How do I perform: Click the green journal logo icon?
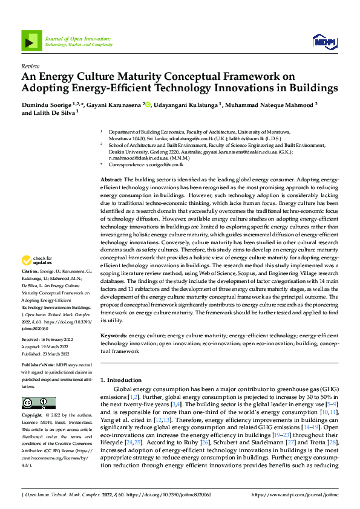coord(31,40)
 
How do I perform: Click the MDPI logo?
coord(324,41)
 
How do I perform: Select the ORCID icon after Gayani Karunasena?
coord(149,104)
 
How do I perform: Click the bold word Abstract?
coord(111,180)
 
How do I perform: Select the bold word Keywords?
coord(114,335)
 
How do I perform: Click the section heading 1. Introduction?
coord(123,380)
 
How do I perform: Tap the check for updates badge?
coord(37,261)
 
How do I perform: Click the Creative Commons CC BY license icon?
coord(38,403)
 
